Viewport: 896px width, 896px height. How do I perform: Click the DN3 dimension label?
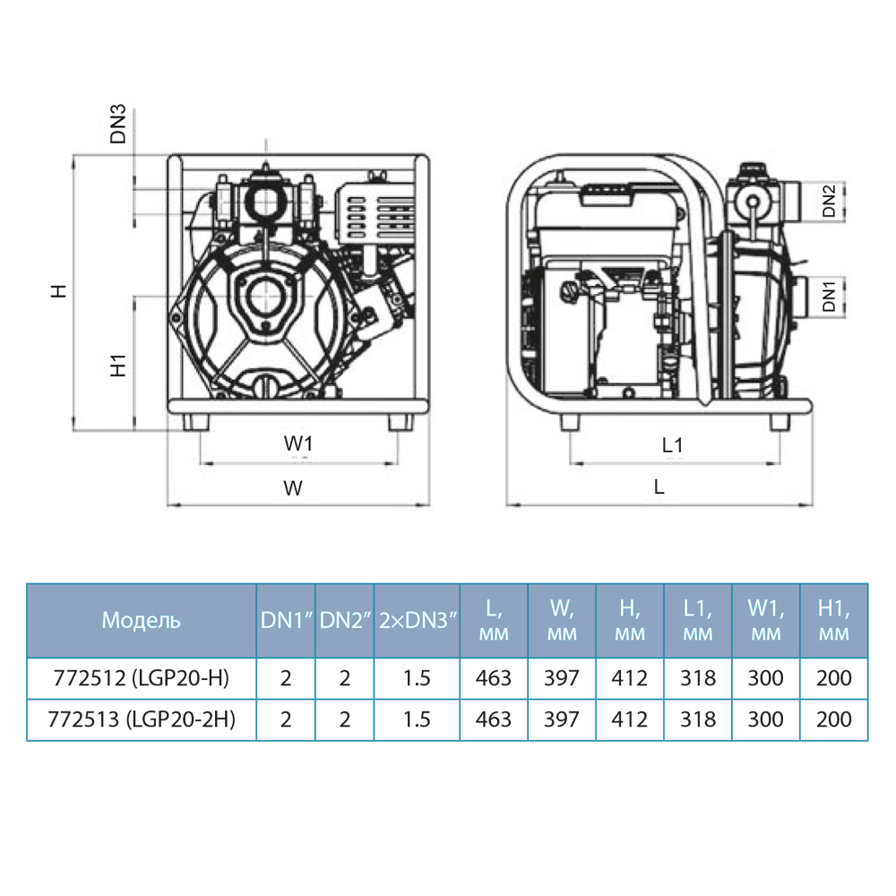(x=117, y=125)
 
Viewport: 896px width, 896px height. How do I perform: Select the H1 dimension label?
(x=117, y=365)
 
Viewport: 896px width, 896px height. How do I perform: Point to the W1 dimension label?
(x=299, y=444)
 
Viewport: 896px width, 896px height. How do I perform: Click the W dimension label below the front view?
(x=293, y=488)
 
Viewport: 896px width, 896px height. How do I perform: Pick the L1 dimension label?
(x=673, y=444)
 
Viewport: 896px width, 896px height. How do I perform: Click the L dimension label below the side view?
(x=659, y=488)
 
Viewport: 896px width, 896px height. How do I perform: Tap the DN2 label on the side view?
(x=829, y=201)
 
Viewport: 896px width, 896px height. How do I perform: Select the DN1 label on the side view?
(x=829, y=297)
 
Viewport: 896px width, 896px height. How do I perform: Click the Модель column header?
(x=141, y=620)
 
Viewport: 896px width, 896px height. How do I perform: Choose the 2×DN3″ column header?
(x=417, y=620)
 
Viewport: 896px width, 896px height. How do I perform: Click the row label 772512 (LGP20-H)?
(x=141, y=678)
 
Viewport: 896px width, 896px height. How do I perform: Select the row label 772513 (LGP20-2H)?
(x=141, y=719)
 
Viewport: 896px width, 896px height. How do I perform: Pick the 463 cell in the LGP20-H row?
(x=494, y=678)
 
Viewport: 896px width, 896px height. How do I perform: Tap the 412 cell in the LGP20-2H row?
(x=630, y=719)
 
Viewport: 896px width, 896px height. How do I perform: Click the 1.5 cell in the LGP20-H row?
(x=417, y=678)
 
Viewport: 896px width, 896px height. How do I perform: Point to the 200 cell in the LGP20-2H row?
(x=833, y=719)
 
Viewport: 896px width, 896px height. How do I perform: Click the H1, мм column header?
(x=833, y=620)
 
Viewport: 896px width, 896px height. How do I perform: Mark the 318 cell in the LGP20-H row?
(x=698, y=678)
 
